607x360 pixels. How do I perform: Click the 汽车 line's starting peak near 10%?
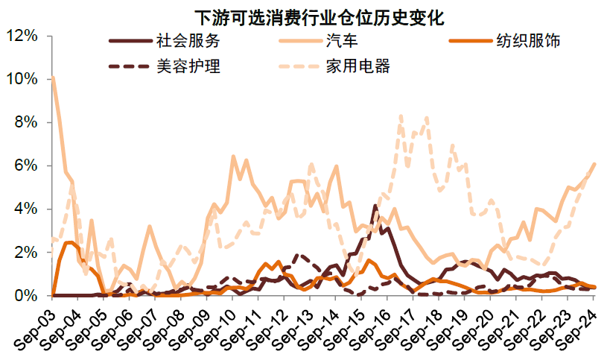pos(53,78)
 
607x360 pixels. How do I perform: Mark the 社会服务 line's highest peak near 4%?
pos(375,205)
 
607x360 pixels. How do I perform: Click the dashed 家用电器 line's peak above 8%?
pos(401,116)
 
